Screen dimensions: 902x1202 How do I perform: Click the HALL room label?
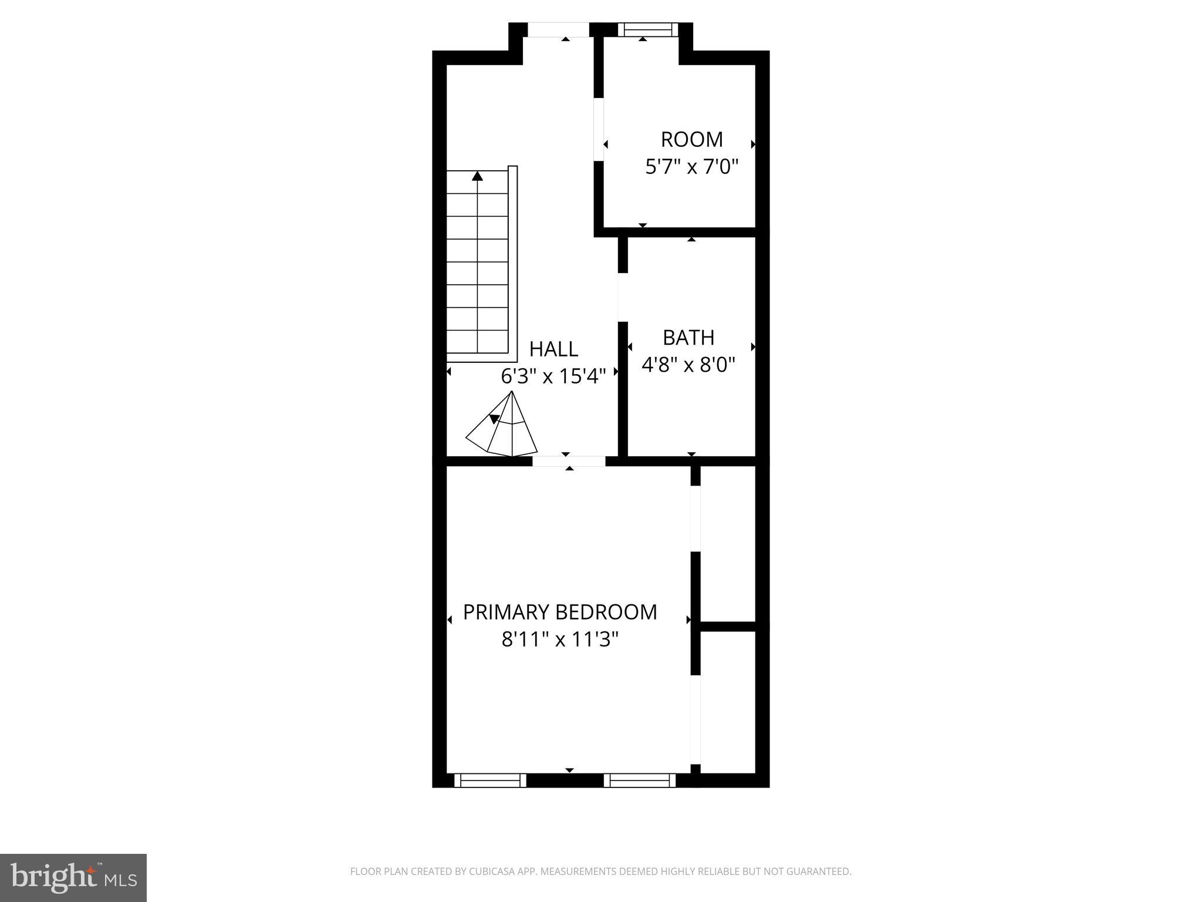point(553,349)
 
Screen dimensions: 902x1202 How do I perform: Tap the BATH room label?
point(688,338)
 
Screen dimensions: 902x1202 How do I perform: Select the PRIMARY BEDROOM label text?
point(560,612)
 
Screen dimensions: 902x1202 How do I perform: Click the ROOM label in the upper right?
point(691,140)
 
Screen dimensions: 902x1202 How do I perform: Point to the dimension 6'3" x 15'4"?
point(553,376)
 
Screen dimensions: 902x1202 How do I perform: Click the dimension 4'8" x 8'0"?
point(688,365)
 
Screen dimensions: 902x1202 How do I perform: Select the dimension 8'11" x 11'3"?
point(560,640)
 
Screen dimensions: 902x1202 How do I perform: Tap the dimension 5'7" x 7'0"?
point(691,167)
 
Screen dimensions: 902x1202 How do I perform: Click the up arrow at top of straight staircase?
point(478,176)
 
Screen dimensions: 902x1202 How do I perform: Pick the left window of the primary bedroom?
point(490,780)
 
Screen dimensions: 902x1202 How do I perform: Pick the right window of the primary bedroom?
point(640,780)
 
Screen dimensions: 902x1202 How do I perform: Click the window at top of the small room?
point(647,30)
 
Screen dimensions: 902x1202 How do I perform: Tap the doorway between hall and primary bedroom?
point(569,462)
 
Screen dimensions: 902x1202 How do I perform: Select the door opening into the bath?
point(623,297)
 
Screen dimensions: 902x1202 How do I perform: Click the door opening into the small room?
point(599,130)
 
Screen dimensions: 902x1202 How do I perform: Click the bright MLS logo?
point(73,877)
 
